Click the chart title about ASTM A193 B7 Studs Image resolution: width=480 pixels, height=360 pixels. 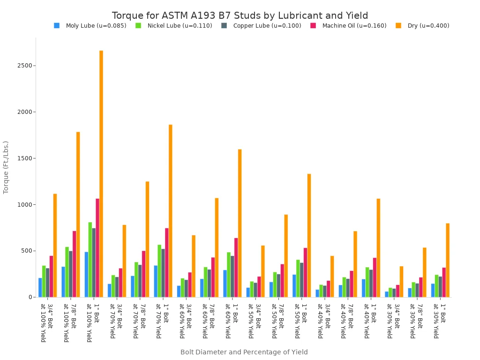(x=240, y=15)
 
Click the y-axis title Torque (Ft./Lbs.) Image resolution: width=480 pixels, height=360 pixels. (x=6, y=167)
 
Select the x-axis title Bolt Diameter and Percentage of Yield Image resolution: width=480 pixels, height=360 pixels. (x=244, y=352)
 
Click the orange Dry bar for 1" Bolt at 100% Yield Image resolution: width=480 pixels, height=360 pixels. (x=101, y=173)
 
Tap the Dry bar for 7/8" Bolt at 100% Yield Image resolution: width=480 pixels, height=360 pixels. (x=78, y=214)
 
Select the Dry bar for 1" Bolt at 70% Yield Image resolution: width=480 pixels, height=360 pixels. (x=171, y=210)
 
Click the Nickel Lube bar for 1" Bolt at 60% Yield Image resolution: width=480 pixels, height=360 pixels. (x=229, y=274)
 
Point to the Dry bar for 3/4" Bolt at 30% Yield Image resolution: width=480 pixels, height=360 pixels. (x=401, y=281)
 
